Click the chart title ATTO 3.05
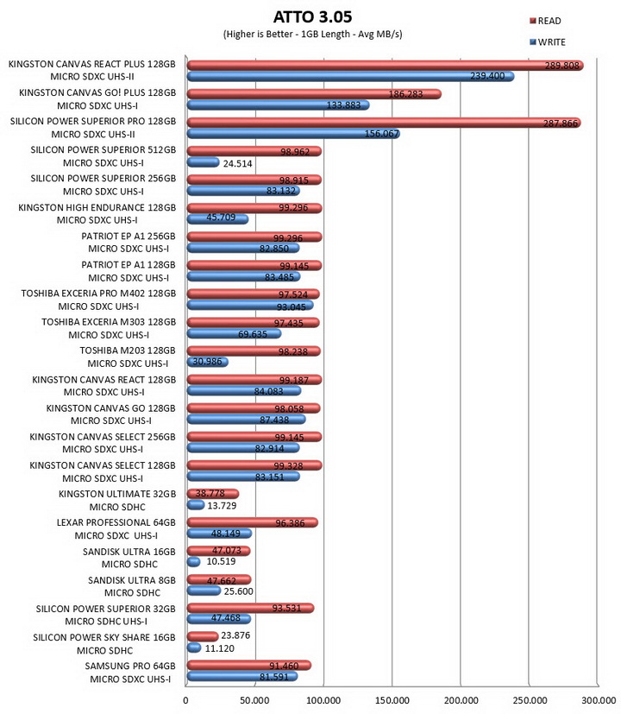312,17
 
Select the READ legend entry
545,21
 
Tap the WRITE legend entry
548,42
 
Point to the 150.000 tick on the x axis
392,700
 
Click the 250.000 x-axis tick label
530,700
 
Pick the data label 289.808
561,66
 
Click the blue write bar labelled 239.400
351,77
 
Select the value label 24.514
237,163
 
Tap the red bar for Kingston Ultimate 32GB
213,494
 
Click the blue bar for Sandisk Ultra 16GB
194,562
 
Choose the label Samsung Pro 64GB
130,667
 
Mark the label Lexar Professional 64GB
116,522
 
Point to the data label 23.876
235,635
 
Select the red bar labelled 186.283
314,94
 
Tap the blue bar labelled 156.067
293,134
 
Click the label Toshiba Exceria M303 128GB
109,322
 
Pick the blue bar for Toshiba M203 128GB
208,362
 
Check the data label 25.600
238,591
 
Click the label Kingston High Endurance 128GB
97,208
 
